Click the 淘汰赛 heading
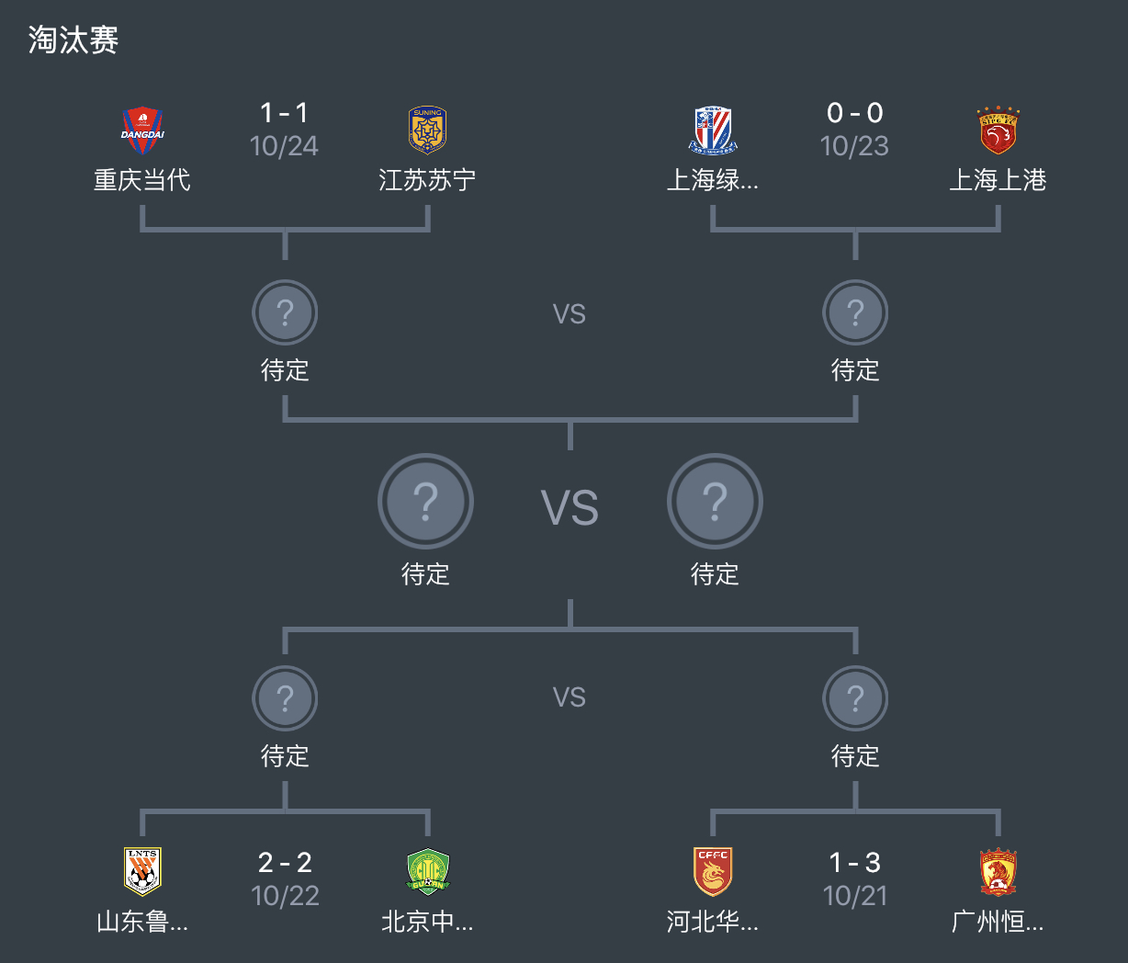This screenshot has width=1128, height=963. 73,40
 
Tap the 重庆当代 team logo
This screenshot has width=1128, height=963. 142,130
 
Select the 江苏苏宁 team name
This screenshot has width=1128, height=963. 427,180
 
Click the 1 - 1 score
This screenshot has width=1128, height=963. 285,113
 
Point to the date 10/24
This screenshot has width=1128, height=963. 285,146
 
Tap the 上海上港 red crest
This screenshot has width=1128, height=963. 998,130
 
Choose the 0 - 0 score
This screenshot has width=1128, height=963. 855,113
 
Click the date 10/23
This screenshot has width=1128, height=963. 855,146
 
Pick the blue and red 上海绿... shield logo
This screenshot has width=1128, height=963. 713,130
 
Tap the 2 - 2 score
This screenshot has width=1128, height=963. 285,863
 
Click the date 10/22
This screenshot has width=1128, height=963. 285,896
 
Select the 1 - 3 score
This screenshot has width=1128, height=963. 855,863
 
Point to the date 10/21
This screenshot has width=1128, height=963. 855,896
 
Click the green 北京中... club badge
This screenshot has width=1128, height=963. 427,871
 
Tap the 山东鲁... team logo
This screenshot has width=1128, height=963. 142,871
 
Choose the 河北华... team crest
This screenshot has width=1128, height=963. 713,871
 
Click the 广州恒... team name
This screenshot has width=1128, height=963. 998,922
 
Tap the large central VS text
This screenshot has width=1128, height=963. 570,508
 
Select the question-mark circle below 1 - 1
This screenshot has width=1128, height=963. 285,312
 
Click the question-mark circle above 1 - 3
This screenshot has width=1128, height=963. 855,698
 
